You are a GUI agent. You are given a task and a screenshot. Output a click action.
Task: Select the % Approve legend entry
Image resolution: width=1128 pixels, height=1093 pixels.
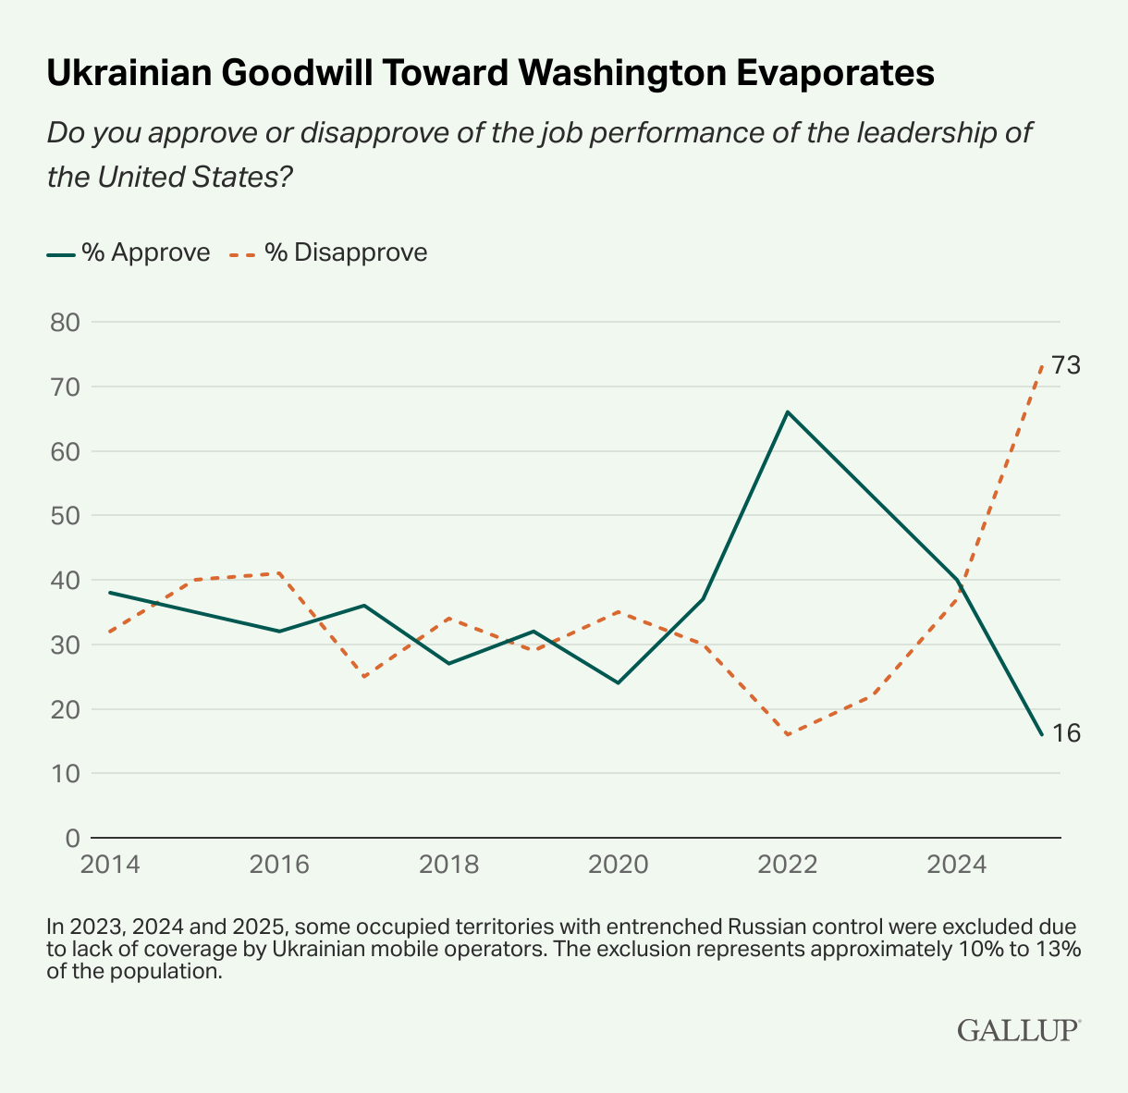(129, 252)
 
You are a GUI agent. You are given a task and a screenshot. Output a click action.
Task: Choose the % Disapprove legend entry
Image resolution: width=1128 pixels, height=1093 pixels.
(328, 252)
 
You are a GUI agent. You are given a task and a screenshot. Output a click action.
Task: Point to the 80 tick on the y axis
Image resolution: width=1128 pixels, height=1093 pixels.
(64, 323)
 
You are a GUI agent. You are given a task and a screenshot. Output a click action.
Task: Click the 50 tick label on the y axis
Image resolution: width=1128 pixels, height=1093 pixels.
(64, 516)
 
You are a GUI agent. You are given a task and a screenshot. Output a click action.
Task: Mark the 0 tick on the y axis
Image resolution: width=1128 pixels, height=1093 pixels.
(72, 838)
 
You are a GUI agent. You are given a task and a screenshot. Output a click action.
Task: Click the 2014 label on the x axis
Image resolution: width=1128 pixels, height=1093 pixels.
(110, 865)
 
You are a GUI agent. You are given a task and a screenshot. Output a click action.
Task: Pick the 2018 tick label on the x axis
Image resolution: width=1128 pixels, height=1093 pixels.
(448, 865)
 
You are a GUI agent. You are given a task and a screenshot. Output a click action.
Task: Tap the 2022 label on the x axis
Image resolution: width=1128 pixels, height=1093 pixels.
(787, 865)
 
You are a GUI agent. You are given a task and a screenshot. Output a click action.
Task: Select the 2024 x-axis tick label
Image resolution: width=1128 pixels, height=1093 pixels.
(957, 865)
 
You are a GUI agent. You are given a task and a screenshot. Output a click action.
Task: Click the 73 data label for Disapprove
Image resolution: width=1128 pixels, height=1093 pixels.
(1065, 366)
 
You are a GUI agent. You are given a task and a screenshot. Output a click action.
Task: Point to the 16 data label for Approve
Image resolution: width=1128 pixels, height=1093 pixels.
(1065, 733)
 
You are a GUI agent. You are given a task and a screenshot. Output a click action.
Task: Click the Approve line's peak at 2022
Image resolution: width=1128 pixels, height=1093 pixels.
(787, 411)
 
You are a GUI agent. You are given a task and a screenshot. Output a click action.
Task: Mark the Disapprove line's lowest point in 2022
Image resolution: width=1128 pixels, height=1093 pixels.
(787, 735)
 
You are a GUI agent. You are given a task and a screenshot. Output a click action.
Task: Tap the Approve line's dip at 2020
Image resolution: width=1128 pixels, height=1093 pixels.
(618, 682)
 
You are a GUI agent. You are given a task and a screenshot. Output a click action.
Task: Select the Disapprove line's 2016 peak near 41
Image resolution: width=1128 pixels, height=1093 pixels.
(279, 573)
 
